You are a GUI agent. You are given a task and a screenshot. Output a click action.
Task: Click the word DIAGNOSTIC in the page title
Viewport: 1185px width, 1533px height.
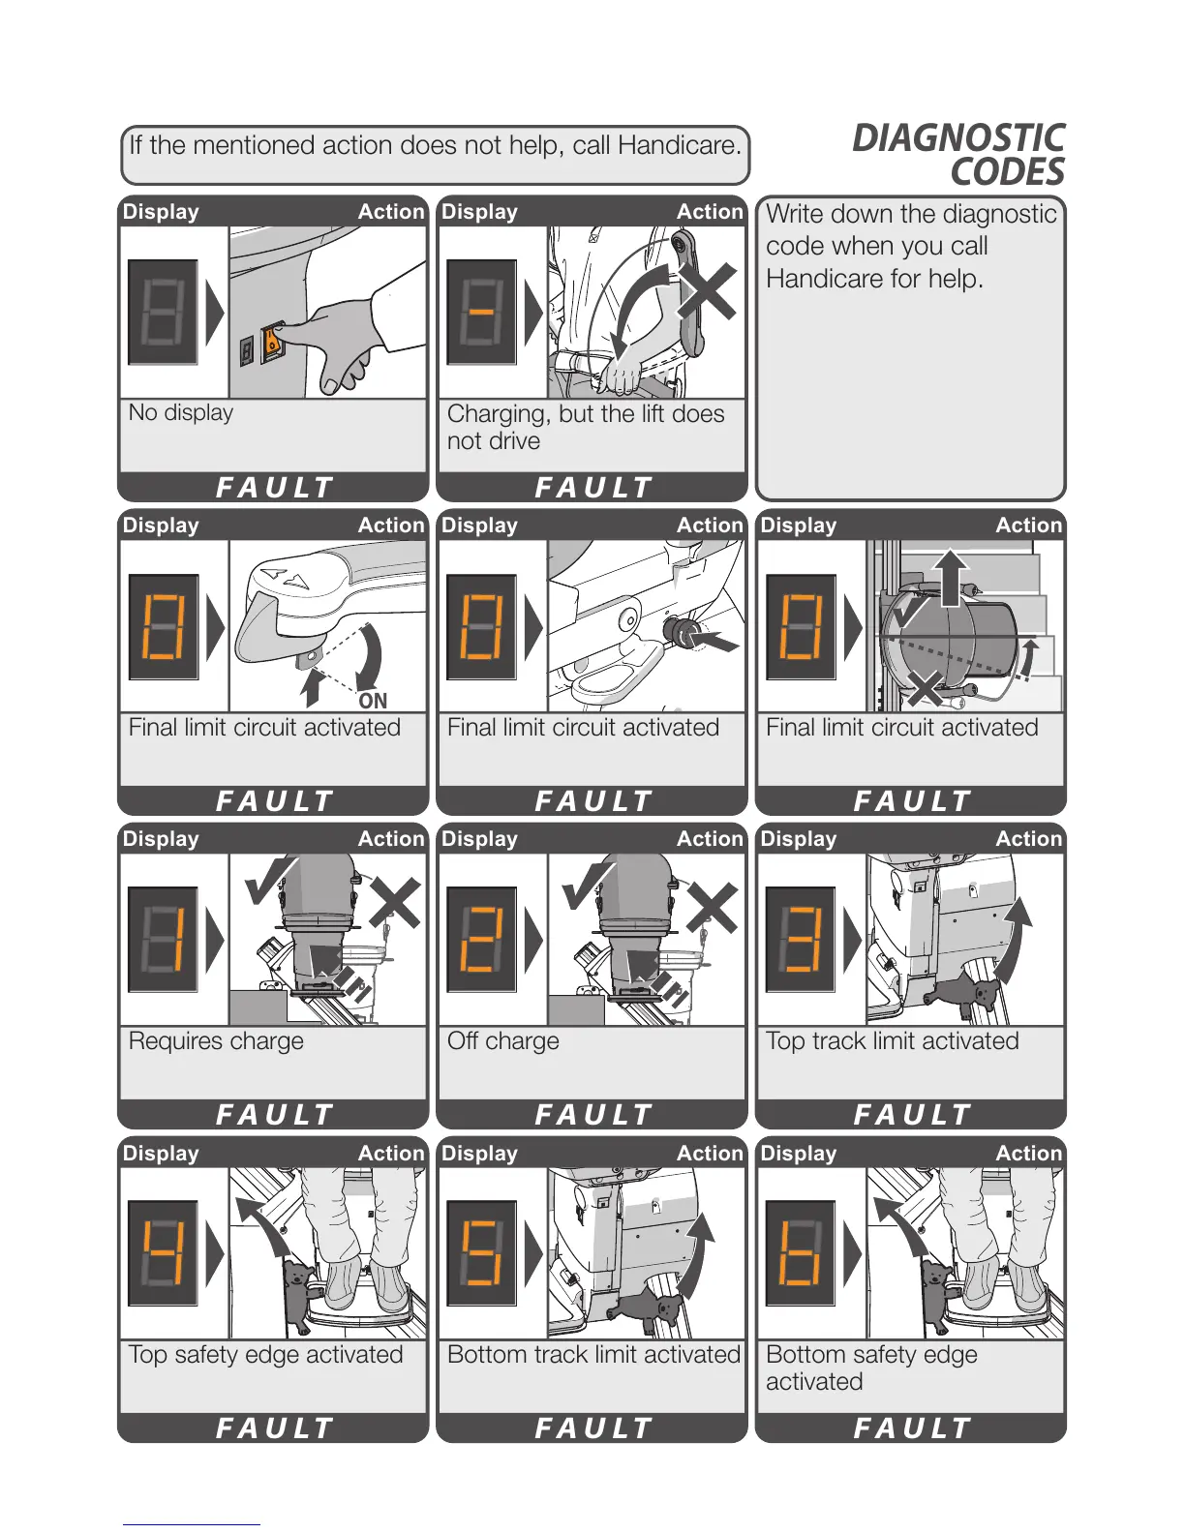coord(957,138)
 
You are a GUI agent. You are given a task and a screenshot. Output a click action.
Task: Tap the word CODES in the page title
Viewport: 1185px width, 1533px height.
coord(1007,172)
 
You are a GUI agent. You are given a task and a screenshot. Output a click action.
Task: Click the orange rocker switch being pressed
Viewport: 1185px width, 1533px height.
coord(273,341)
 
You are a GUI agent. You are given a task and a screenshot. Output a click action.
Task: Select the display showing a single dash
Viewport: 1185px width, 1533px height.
coord(481,312)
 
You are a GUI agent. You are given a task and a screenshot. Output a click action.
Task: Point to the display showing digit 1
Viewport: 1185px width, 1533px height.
coord(163,939)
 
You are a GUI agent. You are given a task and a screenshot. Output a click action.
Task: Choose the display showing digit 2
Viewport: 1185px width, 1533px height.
coord(481,939)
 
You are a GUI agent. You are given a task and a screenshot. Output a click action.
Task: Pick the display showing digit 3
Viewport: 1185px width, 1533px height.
coord(801,939)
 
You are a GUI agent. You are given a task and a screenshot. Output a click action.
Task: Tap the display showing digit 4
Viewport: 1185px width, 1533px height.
coord(163,1252)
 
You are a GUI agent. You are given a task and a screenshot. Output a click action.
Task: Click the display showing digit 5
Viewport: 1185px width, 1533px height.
coord(481,1252)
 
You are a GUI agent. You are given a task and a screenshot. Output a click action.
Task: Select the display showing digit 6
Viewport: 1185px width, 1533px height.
coord(801,1252)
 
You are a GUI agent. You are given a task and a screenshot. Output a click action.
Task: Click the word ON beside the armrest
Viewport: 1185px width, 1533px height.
coord(373,701)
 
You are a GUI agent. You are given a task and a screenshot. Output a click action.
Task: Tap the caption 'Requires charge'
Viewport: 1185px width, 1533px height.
coord(216,1041)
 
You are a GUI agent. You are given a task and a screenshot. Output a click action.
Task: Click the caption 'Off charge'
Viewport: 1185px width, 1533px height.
coord(503,1041)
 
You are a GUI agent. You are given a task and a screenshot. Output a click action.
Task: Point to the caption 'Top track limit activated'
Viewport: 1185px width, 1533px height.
coord(892,1041)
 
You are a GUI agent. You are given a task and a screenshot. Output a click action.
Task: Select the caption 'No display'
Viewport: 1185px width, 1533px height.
coord(181,413)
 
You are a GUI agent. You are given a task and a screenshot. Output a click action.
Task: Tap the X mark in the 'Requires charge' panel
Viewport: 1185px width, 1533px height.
coord(394,902)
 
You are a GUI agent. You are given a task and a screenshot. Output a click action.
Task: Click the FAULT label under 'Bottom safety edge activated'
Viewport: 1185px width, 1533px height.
coord(911,1428)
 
